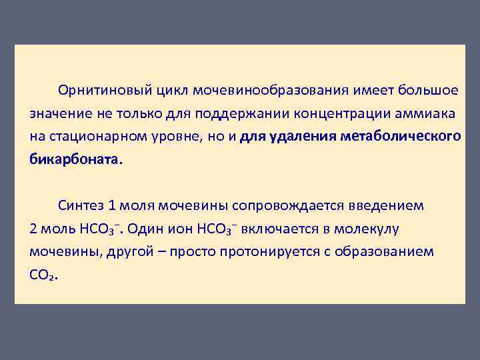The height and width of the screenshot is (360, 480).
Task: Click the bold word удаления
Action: click(301, 137)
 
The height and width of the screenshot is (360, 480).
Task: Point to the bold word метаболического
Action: click(400, 137)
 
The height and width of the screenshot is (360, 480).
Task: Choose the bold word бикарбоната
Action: click(75, 161)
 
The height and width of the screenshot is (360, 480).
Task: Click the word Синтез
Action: click(81, 206)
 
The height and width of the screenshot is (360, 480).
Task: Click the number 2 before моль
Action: click(33, 229)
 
